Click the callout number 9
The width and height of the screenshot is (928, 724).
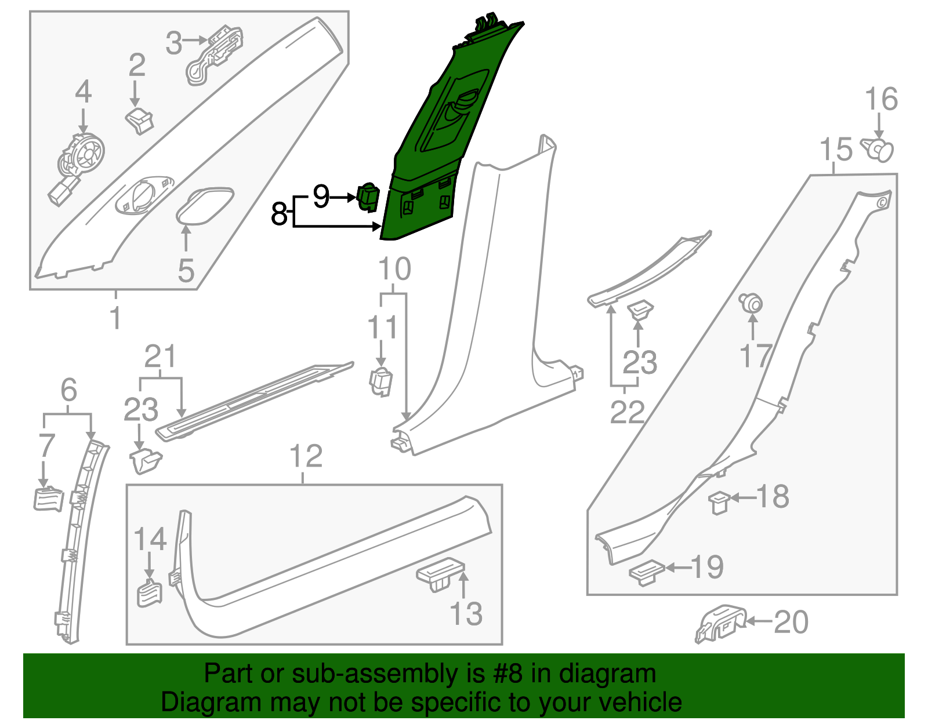tap(321, 197)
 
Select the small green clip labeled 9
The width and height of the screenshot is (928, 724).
tap(368, 198)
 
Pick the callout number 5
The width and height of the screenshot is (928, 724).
tap(186, 271)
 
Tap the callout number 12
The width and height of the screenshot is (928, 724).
tap(306, 457)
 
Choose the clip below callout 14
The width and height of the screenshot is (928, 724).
tap(150, 593)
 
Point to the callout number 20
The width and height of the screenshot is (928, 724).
tap(791, 623)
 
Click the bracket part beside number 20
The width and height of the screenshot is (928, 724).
tap(721, 623)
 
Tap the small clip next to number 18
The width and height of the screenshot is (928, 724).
tap(719, 501)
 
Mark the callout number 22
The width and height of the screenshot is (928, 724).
tap(627, 412)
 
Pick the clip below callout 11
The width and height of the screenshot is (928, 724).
tap(381, 380)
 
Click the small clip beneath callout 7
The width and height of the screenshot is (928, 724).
tap(48, 499)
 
